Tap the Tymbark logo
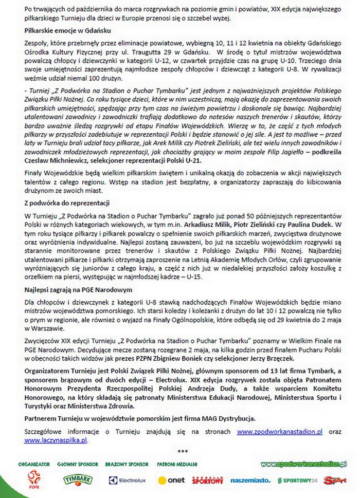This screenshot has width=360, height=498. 78,480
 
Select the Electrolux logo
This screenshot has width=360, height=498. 127,480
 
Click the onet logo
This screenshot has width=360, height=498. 171,480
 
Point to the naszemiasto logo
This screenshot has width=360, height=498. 250,480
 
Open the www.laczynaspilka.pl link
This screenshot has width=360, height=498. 56,440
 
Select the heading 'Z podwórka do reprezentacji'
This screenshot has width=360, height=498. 67,203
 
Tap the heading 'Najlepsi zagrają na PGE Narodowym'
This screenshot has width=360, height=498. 79,289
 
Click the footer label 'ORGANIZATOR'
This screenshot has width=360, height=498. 34,464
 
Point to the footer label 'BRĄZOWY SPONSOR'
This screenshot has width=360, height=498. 127,464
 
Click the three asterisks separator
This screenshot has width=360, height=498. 183,452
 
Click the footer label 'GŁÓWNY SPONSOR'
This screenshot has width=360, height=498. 78,464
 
